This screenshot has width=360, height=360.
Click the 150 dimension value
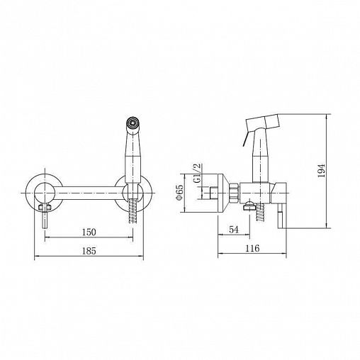pos(89,232)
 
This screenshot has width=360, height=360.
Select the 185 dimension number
pos(89,251)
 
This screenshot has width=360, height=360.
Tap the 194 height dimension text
pos(322,171)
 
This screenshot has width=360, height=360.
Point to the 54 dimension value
pos(234,230)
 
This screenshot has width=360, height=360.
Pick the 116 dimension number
pos(252,248)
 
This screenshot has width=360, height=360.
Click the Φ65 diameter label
pos(180,192)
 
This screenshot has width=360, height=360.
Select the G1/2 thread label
pos(197,173)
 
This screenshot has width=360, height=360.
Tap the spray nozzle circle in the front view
pos(133,123)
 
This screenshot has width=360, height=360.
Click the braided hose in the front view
pos(133,210)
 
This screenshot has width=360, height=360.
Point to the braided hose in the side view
pos(260,213)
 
